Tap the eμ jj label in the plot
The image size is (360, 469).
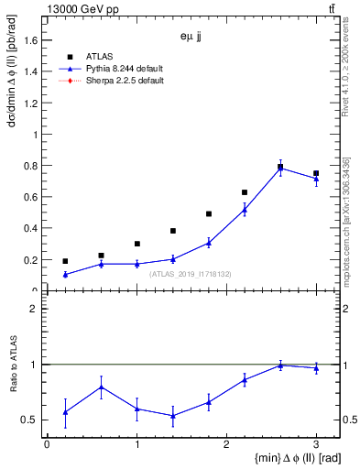pyautogui.click(x=191, y=38)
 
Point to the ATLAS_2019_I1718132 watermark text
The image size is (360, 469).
pyautogui.click(x=190, y=273)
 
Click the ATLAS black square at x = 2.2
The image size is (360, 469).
pyautogui.click(x=245, y=192)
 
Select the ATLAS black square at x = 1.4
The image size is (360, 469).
pyautogui.click(x=172, y=231)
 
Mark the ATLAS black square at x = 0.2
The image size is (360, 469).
pyautogui.click(x=65, y=261)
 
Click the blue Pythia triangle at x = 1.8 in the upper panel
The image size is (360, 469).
pyautogui.click(x=209, y=243)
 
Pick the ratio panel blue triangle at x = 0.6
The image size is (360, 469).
pyautogui.click(x=101, y=387)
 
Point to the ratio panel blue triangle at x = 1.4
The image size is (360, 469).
pyautogui.click(x=172, y=415)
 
